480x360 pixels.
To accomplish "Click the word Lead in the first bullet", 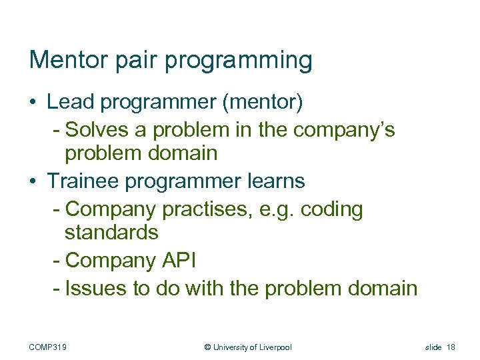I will pyautogui.click(x=69, y=102).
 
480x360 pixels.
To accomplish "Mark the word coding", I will pyautogui.click(x=331, y=209).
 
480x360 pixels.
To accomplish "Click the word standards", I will pyautogui.click(x=111, y=233).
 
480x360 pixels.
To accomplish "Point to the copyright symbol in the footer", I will pyautogui.click(x=207, y=347).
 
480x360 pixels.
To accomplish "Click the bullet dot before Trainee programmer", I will pyautogui.click(x=33, y=181).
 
